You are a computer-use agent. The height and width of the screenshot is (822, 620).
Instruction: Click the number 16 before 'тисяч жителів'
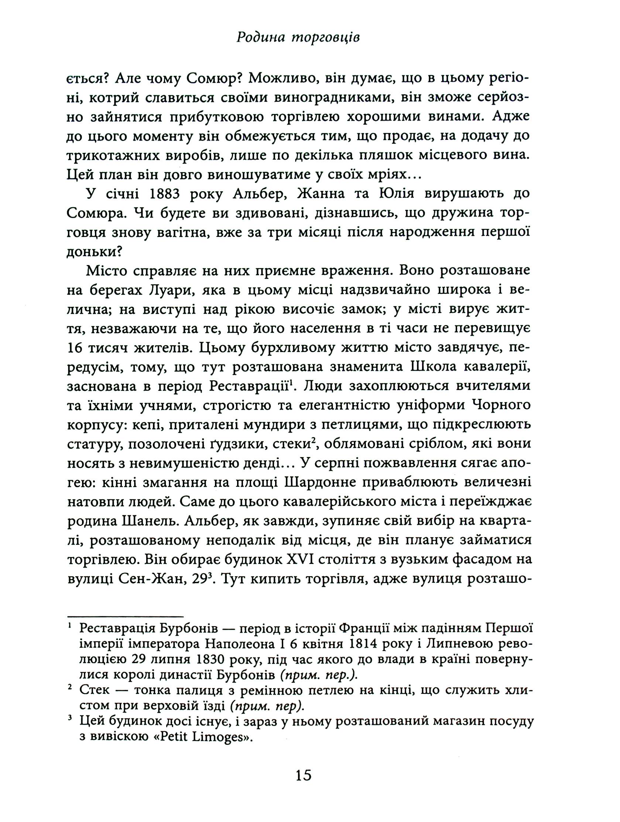(76, 347)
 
